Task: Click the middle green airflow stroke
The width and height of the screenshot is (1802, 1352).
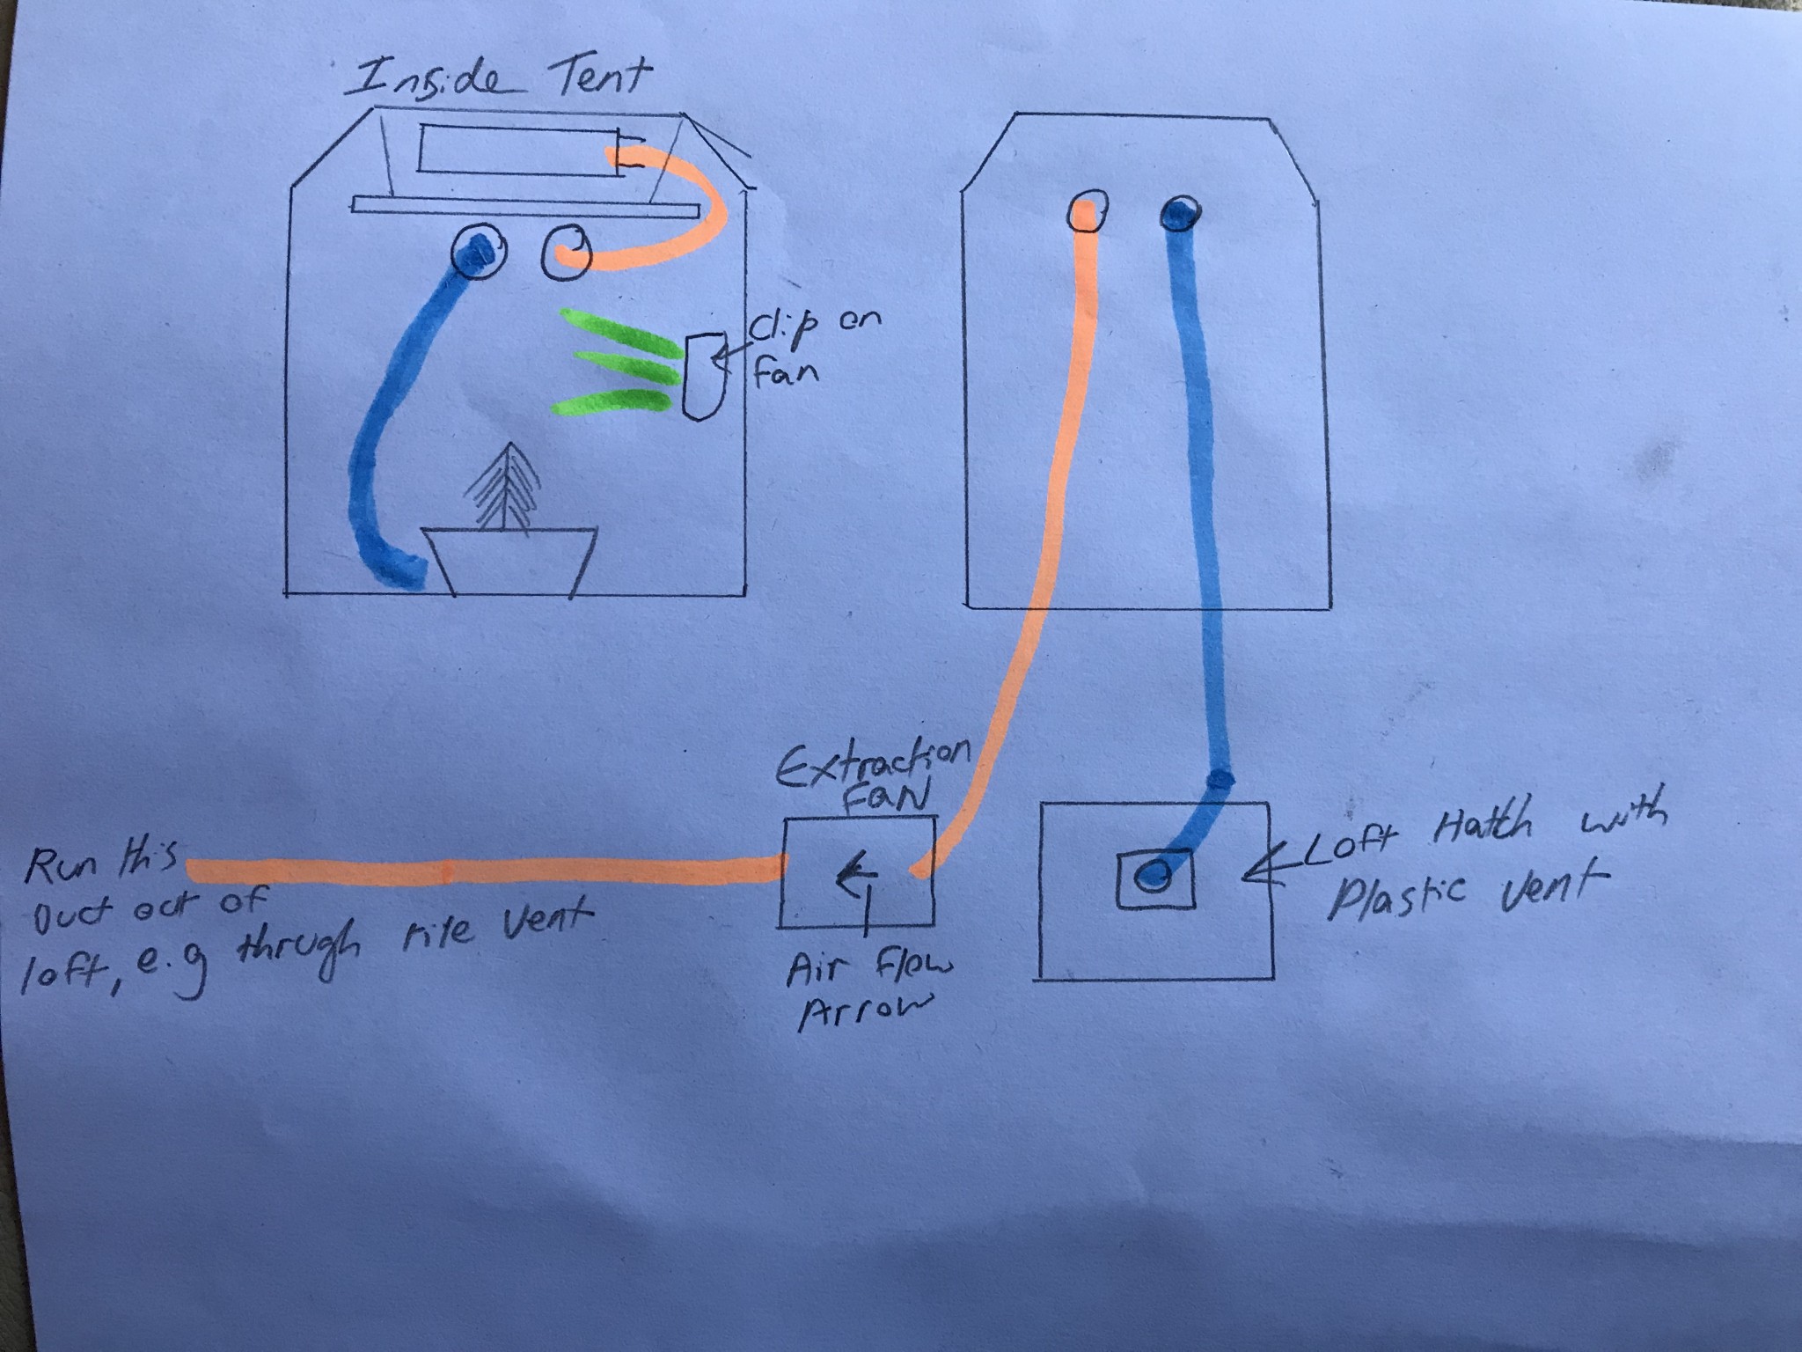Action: pyautogui.click(x=626, y=365)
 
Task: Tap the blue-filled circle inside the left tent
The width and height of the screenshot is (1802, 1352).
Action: pyautogui.click(x=478, y=252)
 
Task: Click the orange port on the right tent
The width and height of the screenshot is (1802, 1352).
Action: pyautogui.click(x=1088, y=213)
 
